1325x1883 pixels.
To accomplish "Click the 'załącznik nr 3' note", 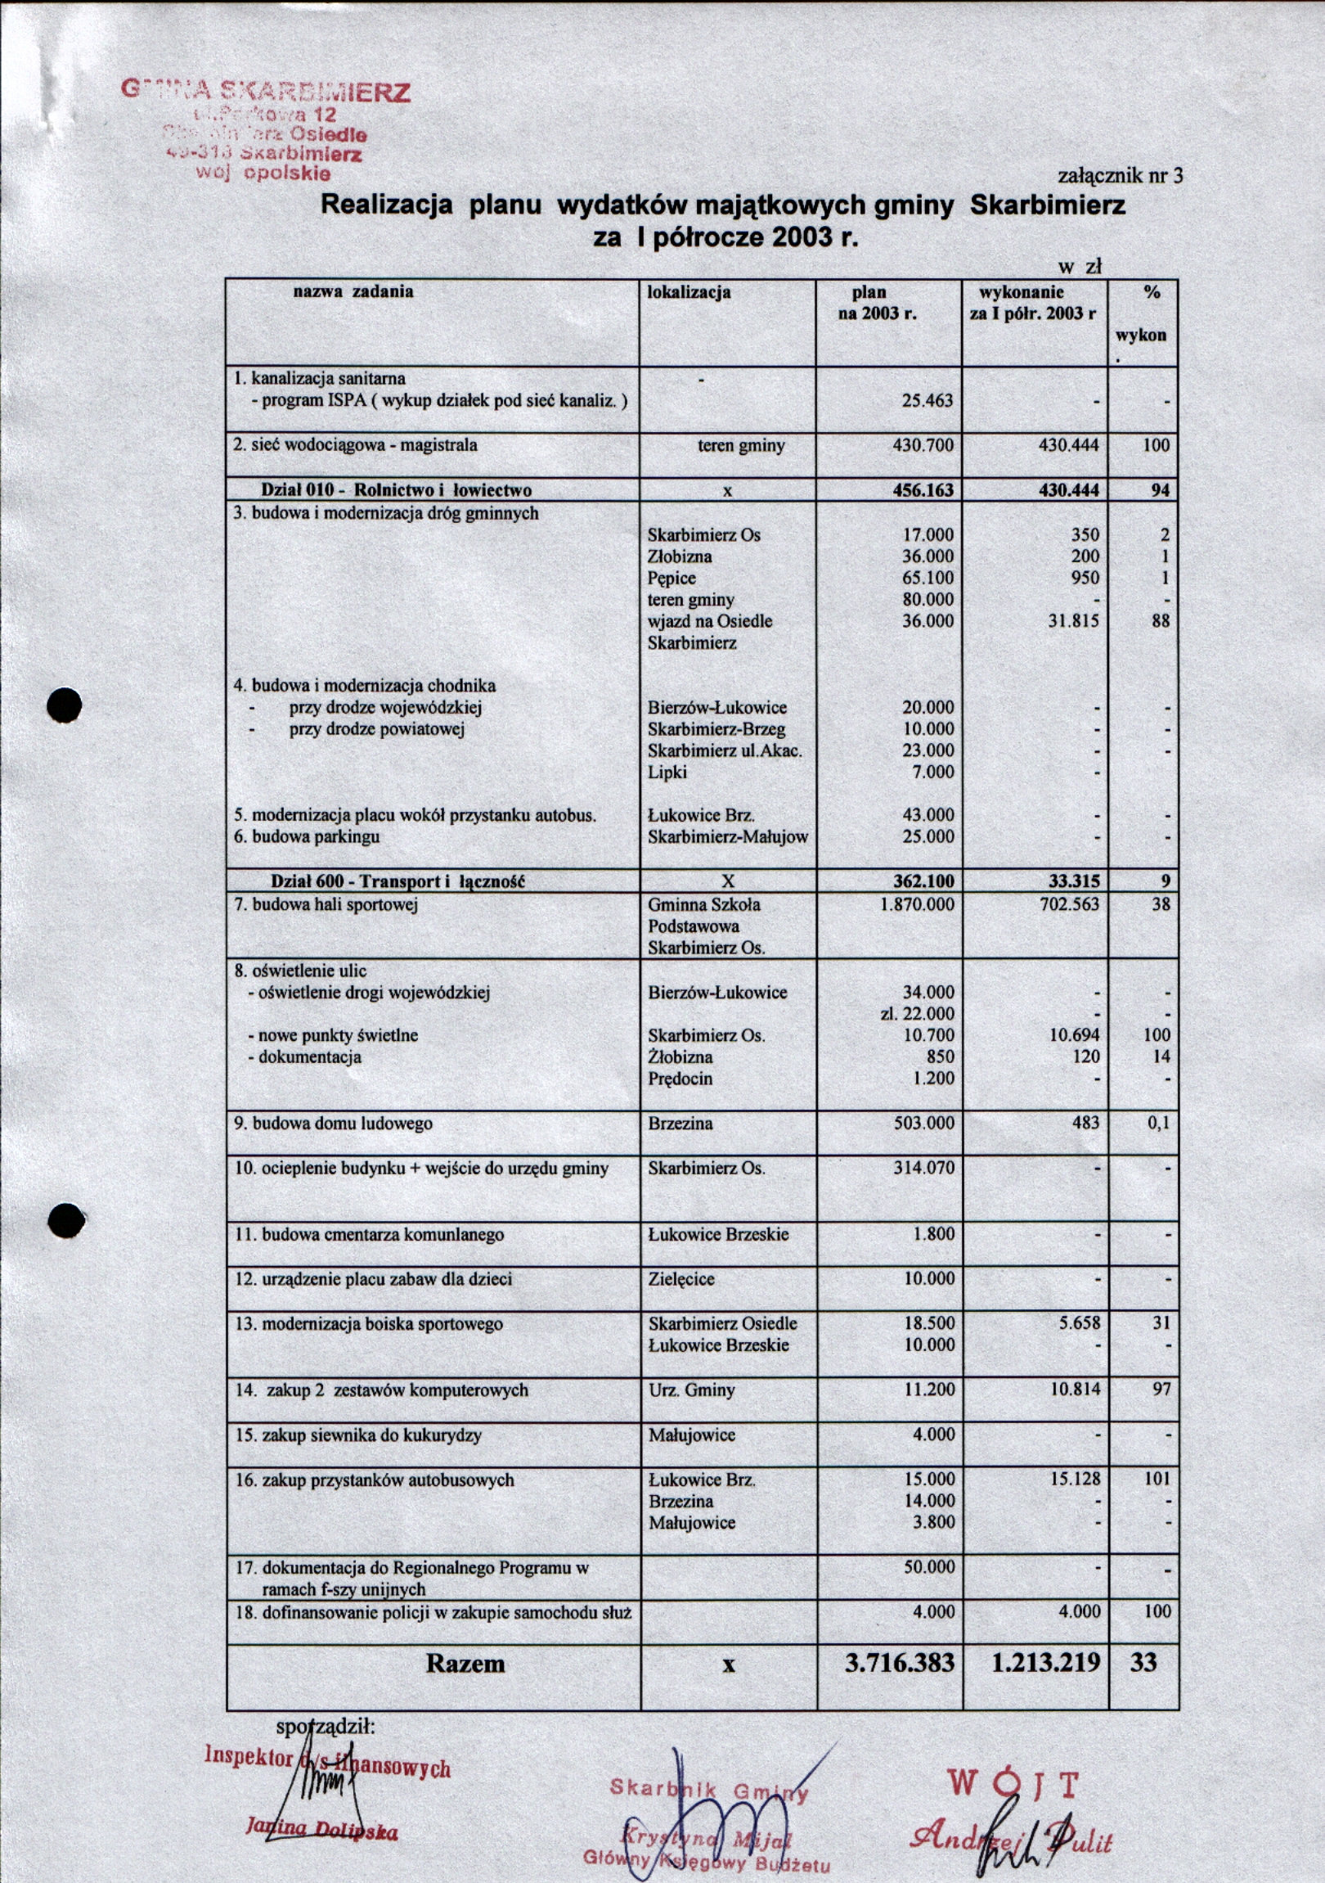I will coord(1120,175).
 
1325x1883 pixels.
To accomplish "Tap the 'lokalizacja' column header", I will coord(689,292).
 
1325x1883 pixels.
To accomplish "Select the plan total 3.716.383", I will coord(900,1663).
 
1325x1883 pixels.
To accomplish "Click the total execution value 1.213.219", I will coord(1044,1663).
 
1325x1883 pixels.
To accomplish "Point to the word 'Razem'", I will coord(465,1664).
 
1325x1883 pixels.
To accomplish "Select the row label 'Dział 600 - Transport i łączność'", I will coord(397,881).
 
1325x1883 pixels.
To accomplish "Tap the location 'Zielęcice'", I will coord(680,1279).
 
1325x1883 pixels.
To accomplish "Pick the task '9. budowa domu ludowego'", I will coord(334,1124).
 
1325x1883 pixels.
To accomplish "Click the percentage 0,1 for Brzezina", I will coord(1157,1124).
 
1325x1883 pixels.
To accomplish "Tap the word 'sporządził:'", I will coord(326,1727).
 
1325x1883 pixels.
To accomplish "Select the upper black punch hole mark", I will coord(65,705).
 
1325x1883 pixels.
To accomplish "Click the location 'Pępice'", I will coord(671,579).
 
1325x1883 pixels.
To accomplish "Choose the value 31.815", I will coord(1073,622).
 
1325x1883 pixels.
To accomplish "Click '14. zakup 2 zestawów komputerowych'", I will coord(381,1390).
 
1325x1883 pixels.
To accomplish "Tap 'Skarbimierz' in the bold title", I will coord(1047,205).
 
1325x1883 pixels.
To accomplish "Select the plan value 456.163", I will coord(923,490).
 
